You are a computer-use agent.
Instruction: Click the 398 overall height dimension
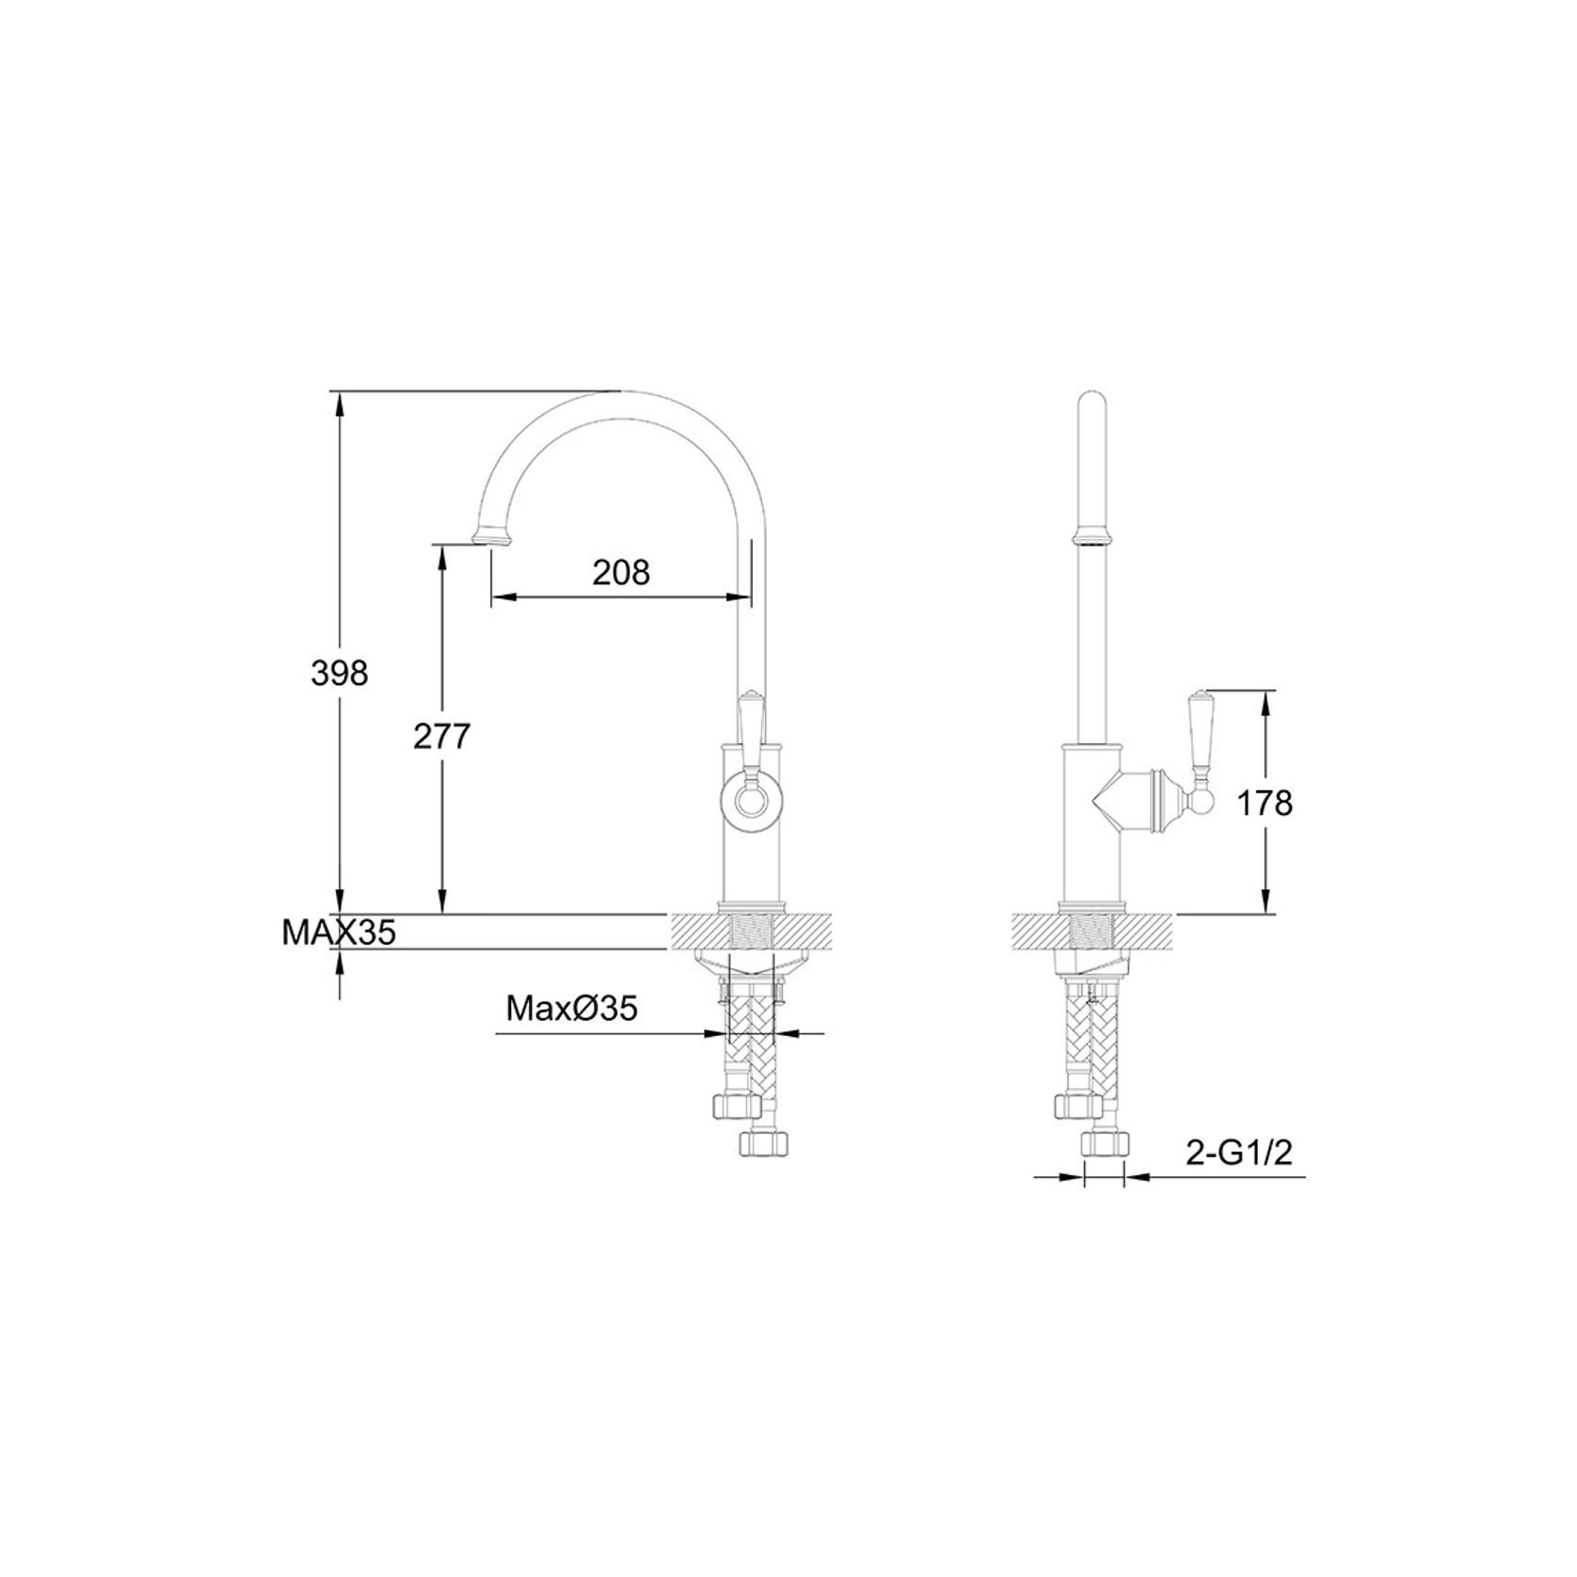(x=340, y=674)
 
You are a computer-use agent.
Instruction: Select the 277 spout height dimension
(x=441, y=737)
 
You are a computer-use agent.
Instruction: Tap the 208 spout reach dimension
(x=621, y=571)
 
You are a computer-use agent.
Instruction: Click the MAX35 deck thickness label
(x=339, y=932)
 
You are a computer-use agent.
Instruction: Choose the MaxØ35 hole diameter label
(x=572, y=1009)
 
